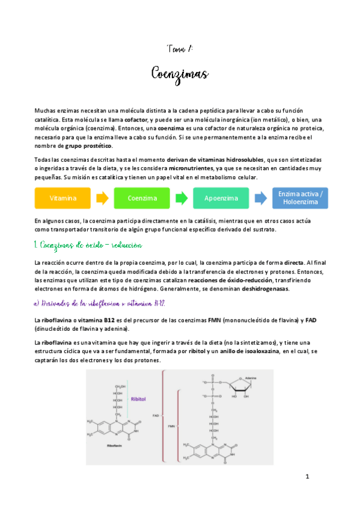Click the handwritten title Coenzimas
(180, 75)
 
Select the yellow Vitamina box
(63, 198)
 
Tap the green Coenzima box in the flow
(142, 198)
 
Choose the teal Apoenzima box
(221, 198)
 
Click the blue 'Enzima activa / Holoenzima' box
(301, 198)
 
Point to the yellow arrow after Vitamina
(103, 198)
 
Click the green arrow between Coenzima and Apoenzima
(182, 198)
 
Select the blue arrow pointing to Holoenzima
(260, 198)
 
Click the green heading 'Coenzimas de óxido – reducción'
(88, 247)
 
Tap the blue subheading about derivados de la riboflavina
(100, 303)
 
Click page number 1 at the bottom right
(307, 494)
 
